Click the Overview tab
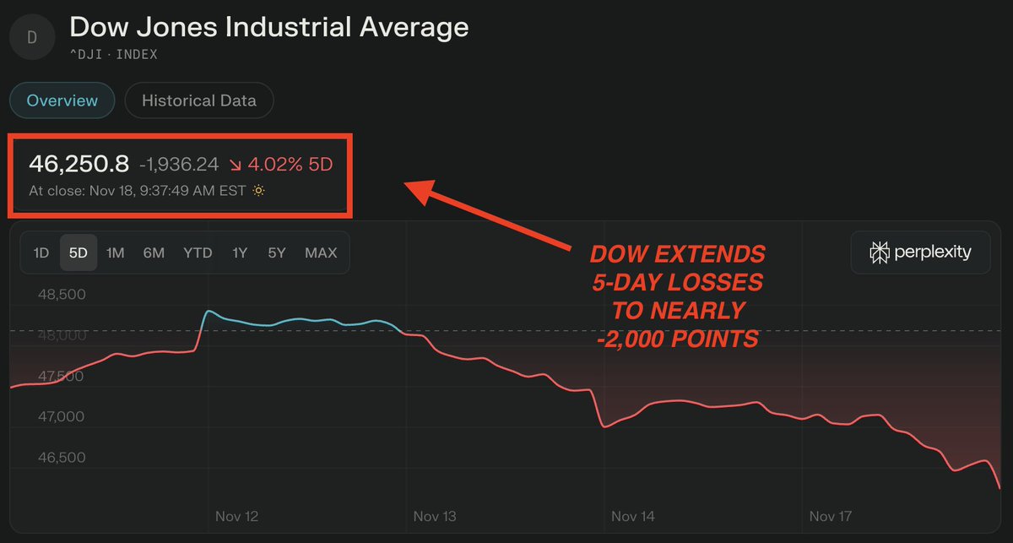(62, 100)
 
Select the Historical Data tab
(198, 100)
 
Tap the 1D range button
(41, 252)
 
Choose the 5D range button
(79, 252)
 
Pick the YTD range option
(198, 252)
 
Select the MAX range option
(321, 252)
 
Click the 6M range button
(154, 252)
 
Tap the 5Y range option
(277, 252)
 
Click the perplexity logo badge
(920, 252)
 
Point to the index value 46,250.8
(79, 163)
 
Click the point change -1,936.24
(178, 164)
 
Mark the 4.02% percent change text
(274, 164)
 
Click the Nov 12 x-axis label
(236, 516)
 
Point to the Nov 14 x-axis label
(632, 516)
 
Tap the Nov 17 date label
(831, 516)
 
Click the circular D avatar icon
(32, 36)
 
